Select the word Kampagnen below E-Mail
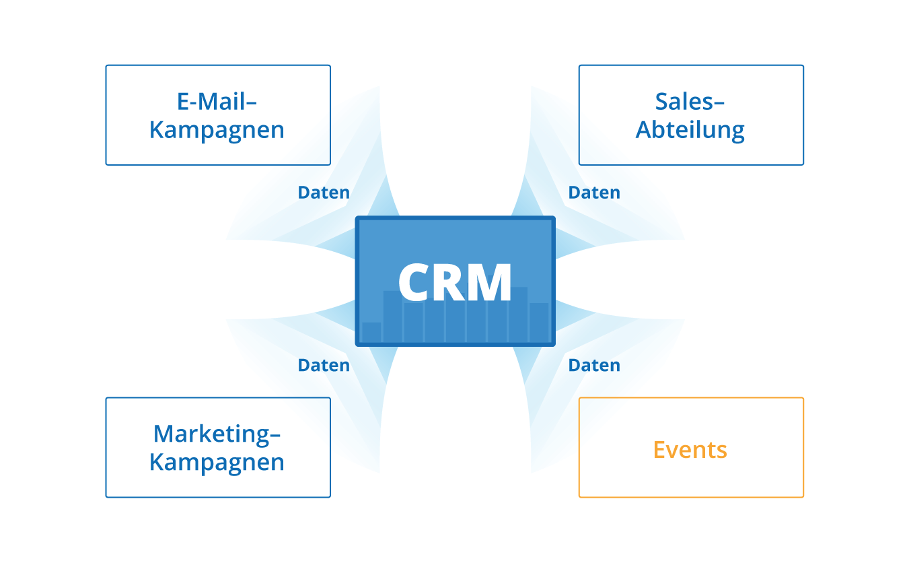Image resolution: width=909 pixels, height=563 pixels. pos(217,130)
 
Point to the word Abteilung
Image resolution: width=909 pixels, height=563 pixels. pos(690,130)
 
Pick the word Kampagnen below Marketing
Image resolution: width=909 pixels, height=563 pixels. pos(217,463)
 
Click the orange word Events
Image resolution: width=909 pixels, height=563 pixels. pos(690,449)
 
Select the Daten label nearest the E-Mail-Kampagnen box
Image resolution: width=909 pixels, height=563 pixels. pos(324,193)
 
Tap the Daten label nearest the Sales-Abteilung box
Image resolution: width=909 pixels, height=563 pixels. pos(594,193)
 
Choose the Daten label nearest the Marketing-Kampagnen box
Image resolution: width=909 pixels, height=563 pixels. pos(324,366)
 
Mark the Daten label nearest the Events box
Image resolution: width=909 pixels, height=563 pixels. pos(594,366)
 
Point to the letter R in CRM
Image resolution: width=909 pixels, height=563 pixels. pos(454,282)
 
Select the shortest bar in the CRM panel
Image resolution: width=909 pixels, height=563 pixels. pos(371,332)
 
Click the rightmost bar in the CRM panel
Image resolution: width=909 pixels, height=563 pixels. pos(539,323)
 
